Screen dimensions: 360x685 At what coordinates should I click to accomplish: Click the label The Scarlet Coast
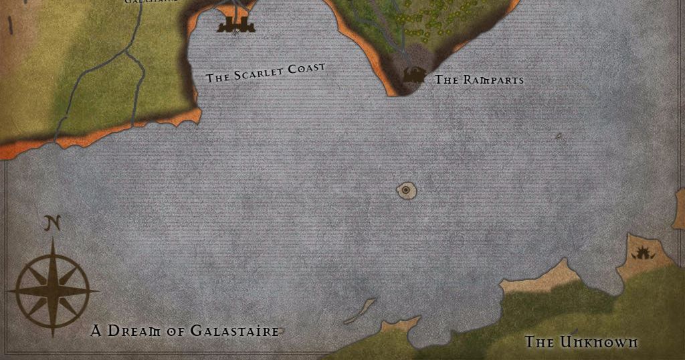266,72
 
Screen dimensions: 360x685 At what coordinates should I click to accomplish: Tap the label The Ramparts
479,80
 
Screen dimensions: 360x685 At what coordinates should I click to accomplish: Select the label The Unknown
581,342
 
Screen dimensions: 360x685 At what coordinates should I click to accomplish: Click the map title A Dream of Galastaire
185,331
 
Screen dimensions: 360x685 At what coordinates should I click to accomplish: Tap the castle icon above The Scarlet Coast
236,25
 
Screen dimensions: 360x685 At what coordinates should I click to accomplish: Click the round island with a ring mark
406,191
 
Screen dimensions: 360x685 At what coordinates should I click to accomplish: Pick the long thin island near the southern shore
361,310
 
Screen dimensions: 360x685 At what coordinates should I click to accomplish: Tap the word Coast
306,68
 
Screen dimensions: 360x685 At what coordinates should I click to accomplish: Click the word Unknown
599,342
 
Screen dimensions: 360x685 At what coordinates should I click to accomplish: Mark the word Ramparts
492,80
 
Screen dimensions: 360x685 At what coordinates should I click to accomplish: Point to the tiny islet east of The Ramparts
558,137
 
